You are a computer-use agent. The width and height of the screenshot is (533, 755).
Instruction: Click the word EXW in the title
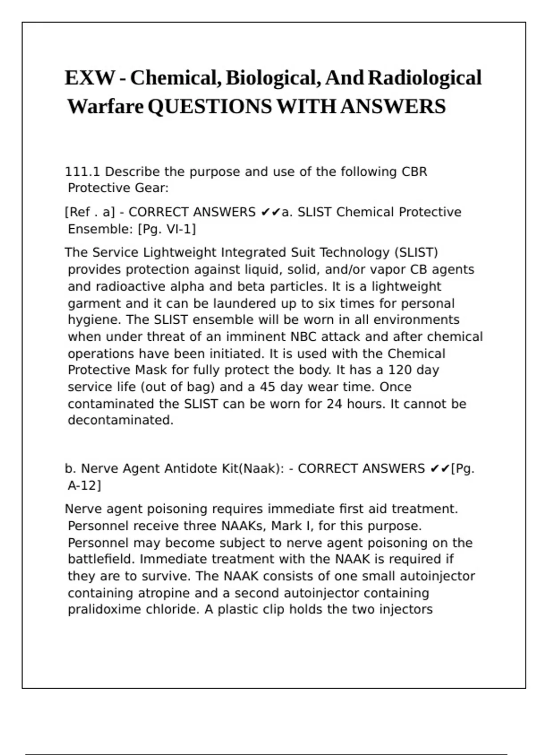pyautogui.click(x=90, y=78)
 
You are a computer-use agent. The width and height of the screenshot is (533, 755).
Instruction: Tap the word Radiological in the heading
pyautogui.click(x=425, y=78)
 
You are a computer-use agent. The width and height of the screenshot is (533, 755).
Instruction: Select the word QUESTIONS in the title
pyautogui.click(x=210, y=107)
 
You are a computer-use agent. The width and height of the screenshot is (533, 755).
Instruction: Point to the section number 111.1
pyautogui.click(x=83, y=172)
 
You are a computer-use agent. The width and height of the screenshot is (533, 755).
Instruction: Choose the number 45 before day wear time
pyautogui.click(x=267, y=387)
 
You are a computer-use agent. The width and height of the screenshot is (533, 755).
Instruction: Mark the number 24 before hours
pyautogui.click(x=334, y=404)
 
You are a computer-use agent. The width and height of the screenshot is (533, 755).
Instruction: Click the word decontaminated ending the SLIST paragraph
pyautogui.click(x=120, y=420)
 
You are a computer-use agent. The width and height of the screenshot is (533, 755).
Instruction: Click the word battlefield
pyautogui.click(x=102, y=559)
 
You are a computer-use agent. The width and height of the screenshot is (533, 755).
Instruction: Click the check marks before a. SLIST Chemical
pyautogui.click(x=270, y=213)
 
